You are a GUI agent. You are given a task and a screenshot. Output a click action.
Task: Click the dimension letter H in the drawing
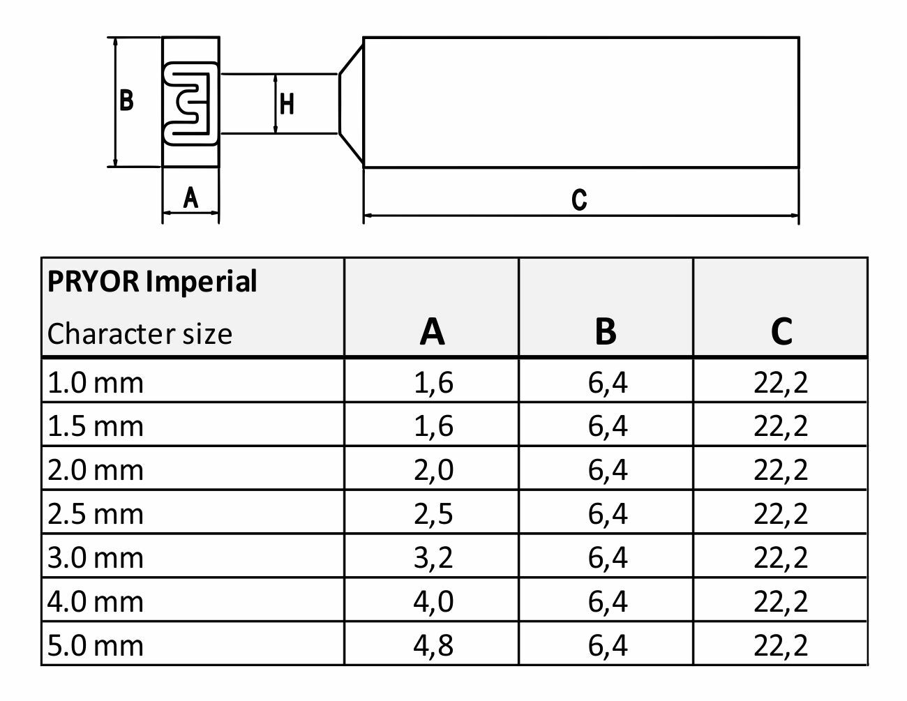pos(287,104)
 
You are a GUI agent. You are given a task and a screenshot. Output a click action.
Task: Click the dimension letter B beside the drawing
pos(126,100)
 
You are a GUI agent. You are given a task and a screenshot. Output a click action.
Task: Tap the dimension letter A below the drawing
pos(190,197)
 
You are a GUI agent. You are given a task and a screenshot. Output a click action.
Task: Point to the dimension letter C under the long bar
pos(579,199)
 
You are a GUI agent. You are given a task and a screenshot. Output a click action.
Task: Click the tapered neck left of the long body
pos(351,104)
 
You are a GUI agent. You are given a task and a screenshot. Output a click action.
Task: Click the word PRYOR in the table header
pos(93,281)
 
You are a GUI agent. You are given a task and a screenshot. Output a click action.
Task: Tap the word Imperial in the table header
pos(202,282)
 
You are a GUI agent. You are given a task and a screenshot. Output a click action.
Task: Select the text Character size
pos(140,334)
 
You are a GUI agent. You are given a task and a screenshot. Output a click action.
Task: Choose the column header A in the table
pos(432,331)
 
